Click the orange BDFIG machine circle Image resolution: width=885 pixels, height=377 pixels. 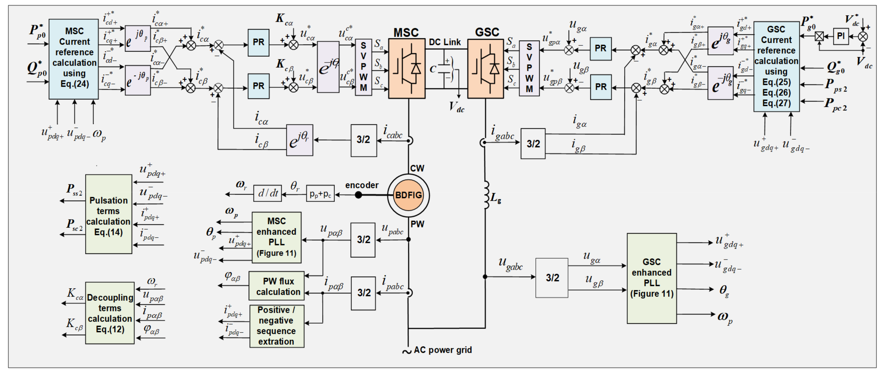click(x=408, y=195)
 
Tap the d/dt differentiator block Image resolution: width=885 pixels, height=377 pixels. click(x=268, y=193)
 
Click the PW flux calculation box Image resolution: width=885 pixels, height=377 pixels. click(x=277, y=286)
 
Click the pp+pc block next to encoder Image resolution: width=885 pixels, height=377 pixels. click(x=320, y=194)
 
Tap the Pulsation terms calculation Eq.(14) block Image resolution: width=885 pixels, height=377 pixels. click(x=109, y=214)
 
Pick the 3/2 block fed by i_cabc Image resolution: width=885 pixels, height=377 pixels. click(x=363, y=140)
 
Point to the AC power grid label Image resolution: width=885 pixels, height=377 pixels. click(x=442, y=350)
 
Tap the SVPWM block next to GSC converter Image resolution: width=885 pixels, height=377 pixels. click(x=529, y=68)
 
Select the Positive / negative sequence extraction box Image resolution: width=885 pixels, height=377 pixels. click(x=277, y=326)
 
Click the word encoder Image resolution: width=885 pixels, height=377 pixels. click(x=362, y=185)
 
